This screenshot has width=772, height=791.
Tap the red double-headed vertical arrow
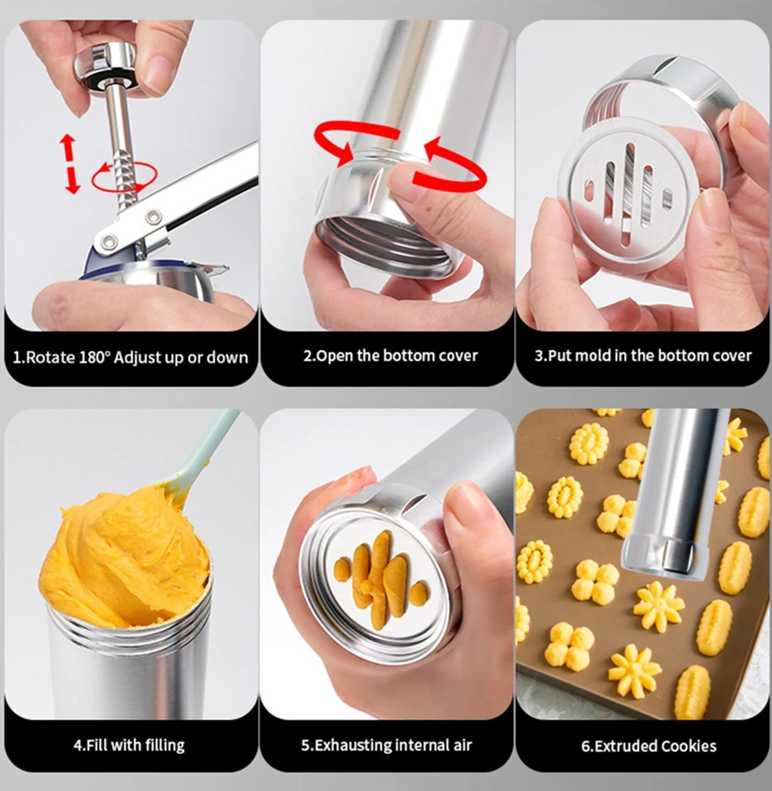click(x=70, y=164)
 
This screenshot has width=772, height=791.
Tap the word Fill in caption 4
click(x=97, y=745)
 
